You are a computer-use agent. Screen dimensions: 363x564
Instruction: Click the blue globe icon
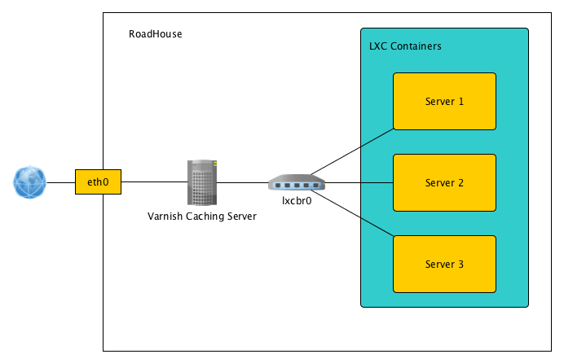29,182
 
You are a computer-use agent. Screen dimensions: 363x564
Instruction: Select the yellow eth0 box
98,182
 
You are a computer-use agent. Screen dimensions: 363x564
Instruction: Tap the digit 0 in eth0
106,182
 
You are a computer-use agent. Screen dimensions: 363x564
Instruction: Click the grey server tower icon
202,182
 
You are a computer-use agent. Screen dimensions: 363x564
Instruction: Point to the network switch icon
297,182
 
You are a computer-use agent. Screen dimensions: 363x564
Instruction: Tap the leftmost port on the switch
278,186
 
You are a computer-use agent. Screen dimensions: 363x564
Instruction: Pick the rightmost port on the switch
316,186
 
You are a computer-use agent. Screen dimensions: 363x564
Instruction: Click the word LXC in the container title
378,46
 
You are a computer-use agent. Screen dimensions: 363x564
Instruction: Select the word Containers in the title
416,46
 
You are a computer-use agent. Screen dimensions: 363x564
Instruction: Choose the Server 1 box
444,102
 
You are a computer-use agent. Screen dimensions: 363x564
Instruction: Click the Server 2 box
444,183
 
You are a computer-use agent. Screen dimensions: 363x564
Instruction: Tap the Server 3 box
444,265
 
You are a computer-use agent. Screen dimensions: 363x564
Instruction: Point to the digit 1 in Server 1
461,102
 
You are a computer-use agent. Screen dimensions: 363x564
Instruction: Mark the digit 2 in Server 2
460,183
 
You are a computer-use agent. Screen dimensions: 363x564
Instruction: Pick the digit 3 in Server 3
460,265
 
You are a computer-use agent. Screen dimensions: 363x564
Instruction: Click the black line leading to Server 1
377,138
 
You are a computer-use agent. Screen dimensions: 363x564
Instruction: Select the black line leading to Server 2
377,183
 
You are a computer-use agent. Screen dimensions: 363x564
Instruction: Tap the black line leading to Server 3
377,227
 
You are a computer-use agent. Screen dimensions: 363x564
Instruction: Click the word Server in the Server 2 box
439,183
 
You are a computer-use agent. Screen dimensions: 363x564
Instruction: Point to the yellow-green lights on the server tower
215,165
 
